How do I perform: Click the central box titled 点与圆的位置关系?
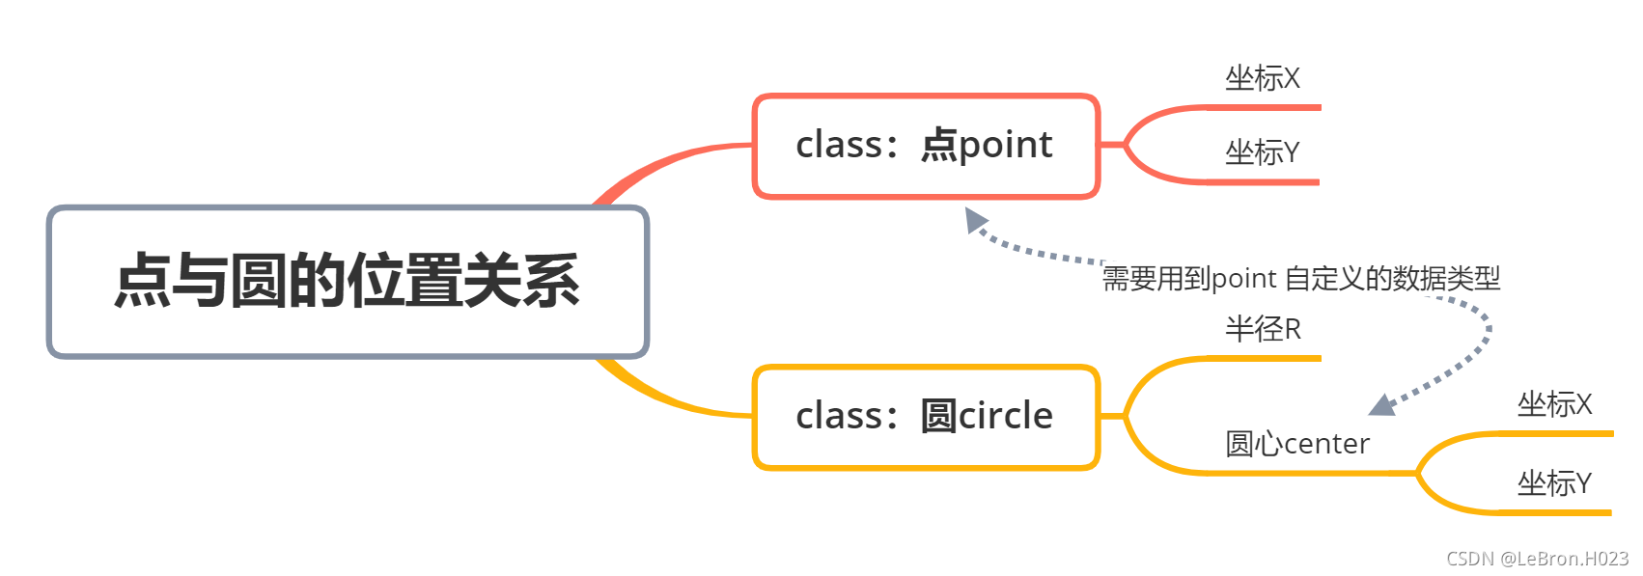pos(348,282)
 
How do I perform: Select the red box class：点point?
pos(926,147)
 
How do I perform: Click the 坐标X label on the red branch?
pos(1262,78)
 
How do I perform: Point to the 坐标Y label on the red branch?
pos(1262,152)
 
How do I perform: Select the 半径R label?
pos(1263,329)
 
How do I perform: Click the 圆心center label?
pos(1296,444)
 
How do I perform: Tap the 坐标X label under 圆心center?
pos(1554,404)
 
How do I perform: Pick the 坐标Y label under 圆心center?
pos(1554,482)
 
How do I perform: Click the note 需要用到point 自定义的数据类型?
pos(1301,279)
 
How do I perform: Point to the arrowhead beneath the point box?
pos(975,220)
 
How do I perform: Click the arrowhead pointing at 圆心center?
pos(1382,405)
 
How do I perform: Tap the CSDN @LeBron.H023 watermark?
pos(1537,559)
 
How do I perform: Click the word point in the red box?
pos(1005,146)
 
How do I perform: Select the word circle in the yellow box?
pos(1005,417)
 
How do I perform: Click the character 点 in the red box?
pos(938,146)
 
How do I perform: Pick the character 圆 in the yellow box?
pos(938,417)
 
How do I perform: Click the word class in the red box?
pos(839,146)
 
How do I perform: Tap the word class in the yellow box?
pos(839,417)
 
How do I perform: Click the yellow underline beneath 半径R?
pos(1265,358)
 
